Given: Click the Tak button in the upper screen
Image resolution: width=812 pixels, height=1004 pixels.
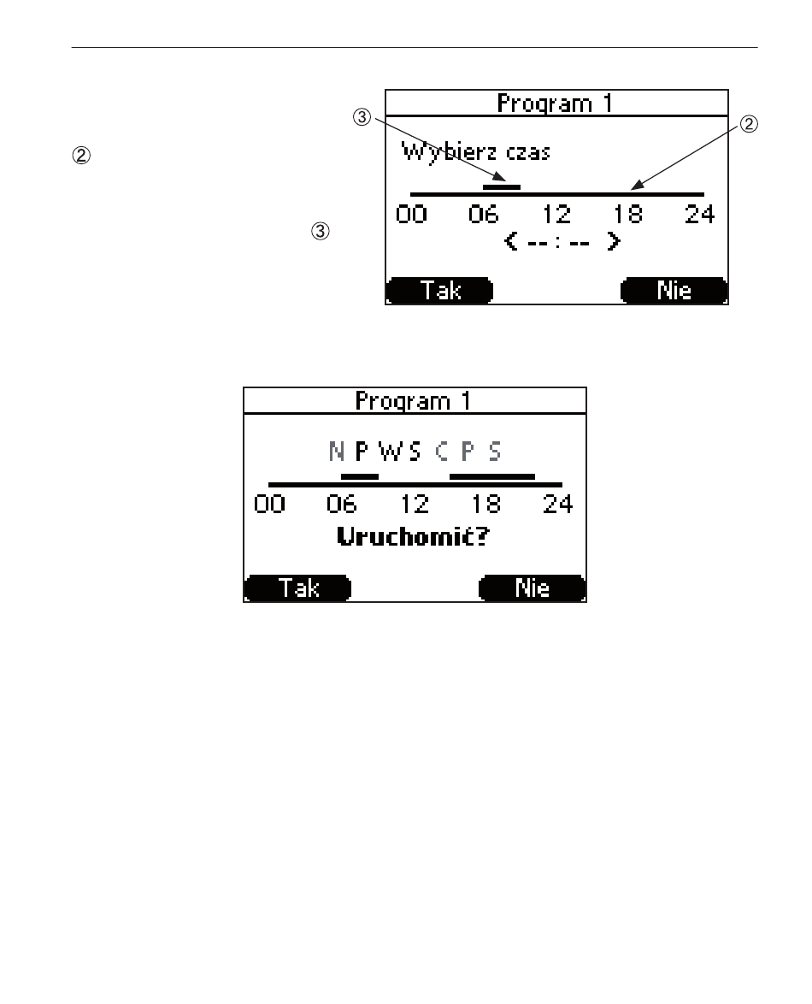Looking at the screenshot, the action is coord(439,291).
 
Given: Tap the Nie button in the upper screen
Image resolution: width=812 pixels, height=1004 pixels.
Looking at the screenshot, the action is coord(674,291).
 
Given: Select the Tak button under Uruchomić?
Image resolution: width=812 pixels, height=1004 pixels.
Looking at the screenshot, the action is coord(298,588).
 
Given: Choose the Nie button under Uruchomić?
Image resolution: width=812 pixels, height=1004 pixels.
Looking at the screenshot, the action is coord(533,588).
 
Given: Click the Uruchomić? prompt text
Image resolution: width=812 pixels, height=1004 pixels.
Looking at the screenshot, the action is coord(413,536).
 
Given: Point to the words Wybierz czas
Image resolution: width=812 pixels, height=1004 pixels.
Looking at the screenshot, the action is coord(475,151).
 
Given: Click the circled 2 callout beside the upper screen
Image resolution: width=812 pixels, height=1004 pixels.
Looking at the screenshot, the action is coord(749,124).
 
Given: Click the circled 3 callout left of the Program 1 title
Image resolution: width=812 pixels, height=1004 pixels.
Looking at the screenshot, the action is coord(362,117).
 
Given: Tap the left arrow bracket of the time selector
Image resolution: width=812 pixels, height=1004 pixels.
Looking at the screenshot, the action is coord(510,241).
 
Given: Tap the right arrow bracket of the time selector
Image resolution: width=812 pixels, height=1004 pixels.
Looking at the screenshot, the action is coord(614,241).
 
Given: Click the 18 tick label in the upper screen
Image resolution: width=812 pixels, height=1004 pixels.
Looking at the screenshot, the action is coord(627,215).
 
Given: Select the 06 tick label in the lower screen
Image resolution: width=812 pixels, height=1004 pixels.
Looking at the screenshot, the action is coord(341,505).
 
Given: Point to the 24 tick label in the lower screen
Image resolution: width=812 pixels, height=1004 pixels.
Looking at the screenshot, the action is coord(557,505).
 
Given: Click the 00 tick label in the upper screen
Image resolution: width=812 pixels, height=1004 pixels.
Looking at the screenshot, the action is coord(411,215).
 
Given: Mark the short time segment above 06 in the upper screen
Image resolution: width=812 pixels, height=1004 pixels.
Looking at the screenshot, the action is coord(502,187).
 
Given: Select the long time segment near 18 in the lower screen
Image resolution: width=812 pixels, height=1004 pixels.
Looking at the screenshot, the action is coord(492,476).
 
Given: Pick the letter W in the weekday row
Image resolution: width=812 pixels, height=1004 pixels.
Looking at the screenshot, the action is coord(390,452).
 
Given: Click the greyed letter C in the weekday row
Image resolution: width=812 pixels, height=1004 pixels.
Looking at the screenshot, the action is coord(442,452).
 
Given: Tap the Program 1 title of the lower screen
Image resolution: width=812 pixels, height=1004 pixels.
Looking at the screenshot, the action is coord(414,401).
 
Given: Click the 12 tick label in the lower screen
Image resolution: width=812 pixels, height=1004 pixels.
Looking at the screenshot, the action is coord(414,505).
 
